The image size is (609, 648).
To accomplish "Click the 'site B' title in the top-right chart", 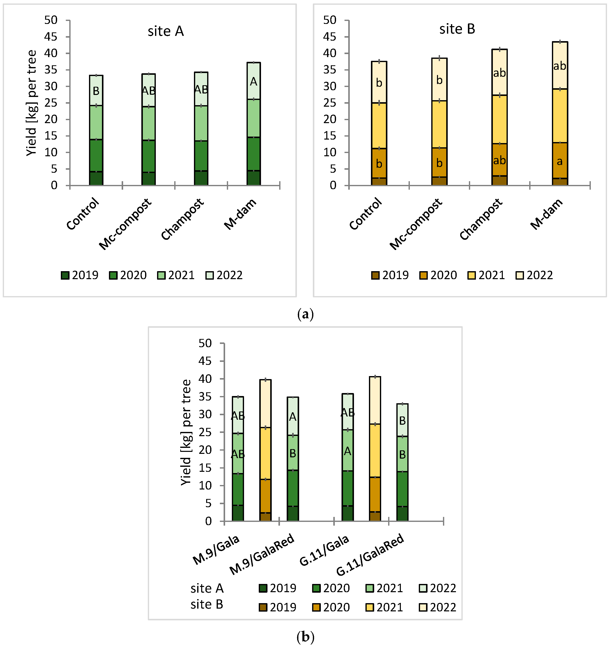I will [457, 29].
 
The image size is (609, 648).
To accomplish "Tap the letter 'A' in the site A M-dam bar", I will [254, 82].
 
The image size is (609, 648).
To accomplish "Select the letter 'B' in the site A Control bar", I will [96, 91].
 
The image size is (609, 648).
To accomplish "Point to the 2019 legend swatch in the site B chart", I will [375, 275].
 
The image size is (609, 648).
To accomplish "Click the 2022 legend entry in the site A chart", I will [224, 275].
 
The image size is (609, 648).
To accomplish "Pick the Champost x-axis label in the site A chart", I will [182, 219].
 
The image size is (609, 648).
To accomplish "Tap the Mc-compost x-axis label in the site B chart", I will [416, 224].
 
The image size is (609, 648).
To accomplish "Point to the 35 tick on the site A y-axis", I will [51, 70].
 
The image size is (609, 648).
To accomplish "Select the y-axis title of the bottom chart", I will [186, 432].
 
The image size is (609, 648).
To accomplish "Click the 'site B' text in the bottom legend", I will [207, 605].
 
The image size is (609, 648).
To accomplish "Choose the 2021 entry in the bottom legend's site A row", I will [385, 588].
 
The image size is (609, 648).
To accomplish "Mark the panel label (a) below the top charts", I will [305, 315].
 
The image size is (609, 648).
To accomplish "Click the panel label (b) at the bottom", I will [305, 637].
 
